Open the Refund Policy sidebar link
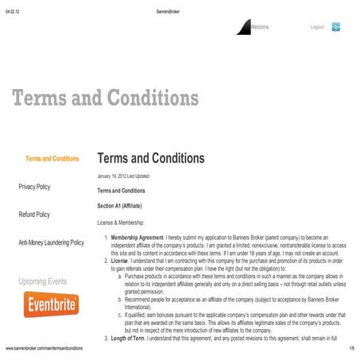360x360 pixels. tap(34, 215)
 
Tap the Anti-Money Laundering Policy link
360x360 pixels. tap(51, 242)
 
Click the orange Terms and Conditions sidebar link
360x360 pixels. tap(52, 159)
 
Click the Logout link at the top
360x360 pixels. tap(316, 27)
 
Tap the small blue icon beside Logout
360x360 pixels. tap(336, 27)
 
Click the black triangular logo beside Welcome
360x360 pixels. tap(243, 28)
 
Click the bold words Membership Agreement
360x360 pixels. tap(136, 237)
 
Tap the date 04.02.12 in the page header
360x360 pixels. tap(13, 6)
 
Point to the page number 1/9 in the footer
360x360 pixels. tap(350, 349)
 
